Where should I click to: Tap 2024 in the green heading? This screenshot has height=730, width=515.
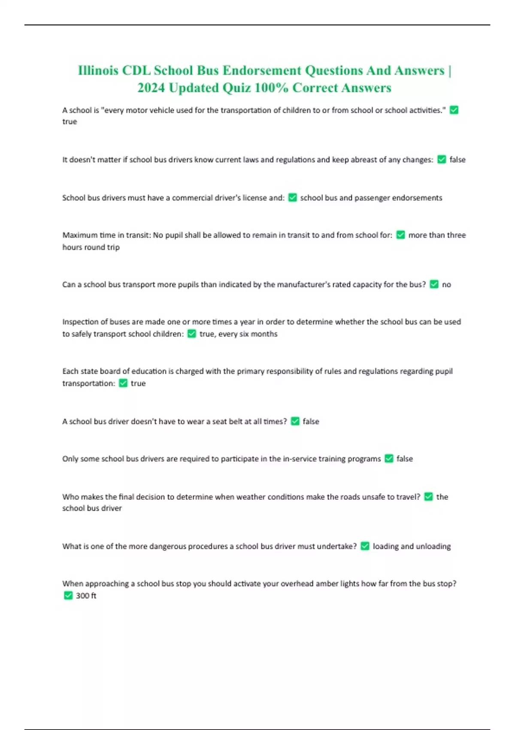coord(151,88)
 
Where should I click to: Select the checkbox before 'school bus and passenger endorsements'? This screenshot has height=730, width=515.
coord(293,198)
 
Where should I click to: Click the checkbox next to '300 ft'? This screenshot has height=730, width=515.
coord(68,595)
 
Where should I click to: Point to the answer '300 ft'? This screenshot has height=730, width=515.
coord(86,596)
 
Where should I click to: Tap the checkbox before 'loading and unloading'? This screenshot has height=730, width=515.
coord(365,546)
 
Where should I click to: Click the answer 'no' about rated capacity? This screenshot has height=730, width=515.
coord(446,284)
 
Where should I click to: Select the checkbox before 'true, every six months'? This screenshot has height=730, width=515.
coord(192,334)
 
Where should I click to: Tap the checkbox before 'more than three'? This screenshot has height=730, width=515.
coord(400,235)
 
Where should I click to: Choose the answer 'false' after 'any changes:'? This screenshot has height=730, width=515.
coord(457,160)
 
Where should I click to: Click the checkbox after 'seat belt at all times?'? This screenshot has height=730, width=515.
coord(295,421)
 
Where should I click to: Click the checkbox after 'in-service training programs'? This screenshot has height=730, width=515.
coord(389,459)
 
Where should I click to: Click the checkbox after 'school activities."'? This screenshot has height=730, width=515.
coord(454,110)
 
